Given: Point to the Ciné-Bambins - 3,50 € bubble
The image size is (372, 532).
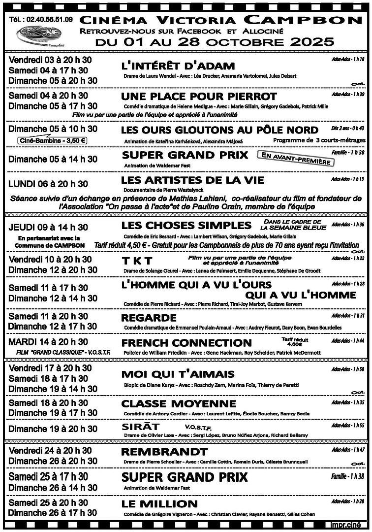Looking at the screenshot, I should coord(52,140).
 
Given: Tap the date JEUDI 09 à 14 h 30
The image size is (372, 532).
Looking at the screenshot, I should coord(48,227).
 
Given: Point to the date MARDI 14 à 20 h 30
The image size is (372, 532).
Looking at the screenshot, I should coord(48,342).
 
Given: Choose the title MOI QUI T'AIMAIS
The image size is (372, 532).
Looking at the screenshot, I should coord(178,374).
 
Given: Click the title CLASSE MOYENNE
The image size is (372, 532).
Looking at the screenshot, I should coord(179,404).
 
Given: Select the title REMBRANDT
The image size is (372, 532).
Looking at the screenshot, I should coord(164,452).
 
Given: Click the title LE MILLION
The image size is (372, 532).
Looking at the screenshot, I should coord(159,504).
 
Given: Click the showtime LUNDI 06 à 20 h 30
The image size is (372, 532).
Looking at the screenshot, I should coord(48,184).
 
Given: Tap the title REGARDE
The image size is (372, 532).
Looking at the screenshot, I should coord(149,317).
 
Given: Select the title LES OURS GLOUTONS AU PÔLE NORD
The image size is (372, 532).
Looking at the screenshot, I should coord(219,130).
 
